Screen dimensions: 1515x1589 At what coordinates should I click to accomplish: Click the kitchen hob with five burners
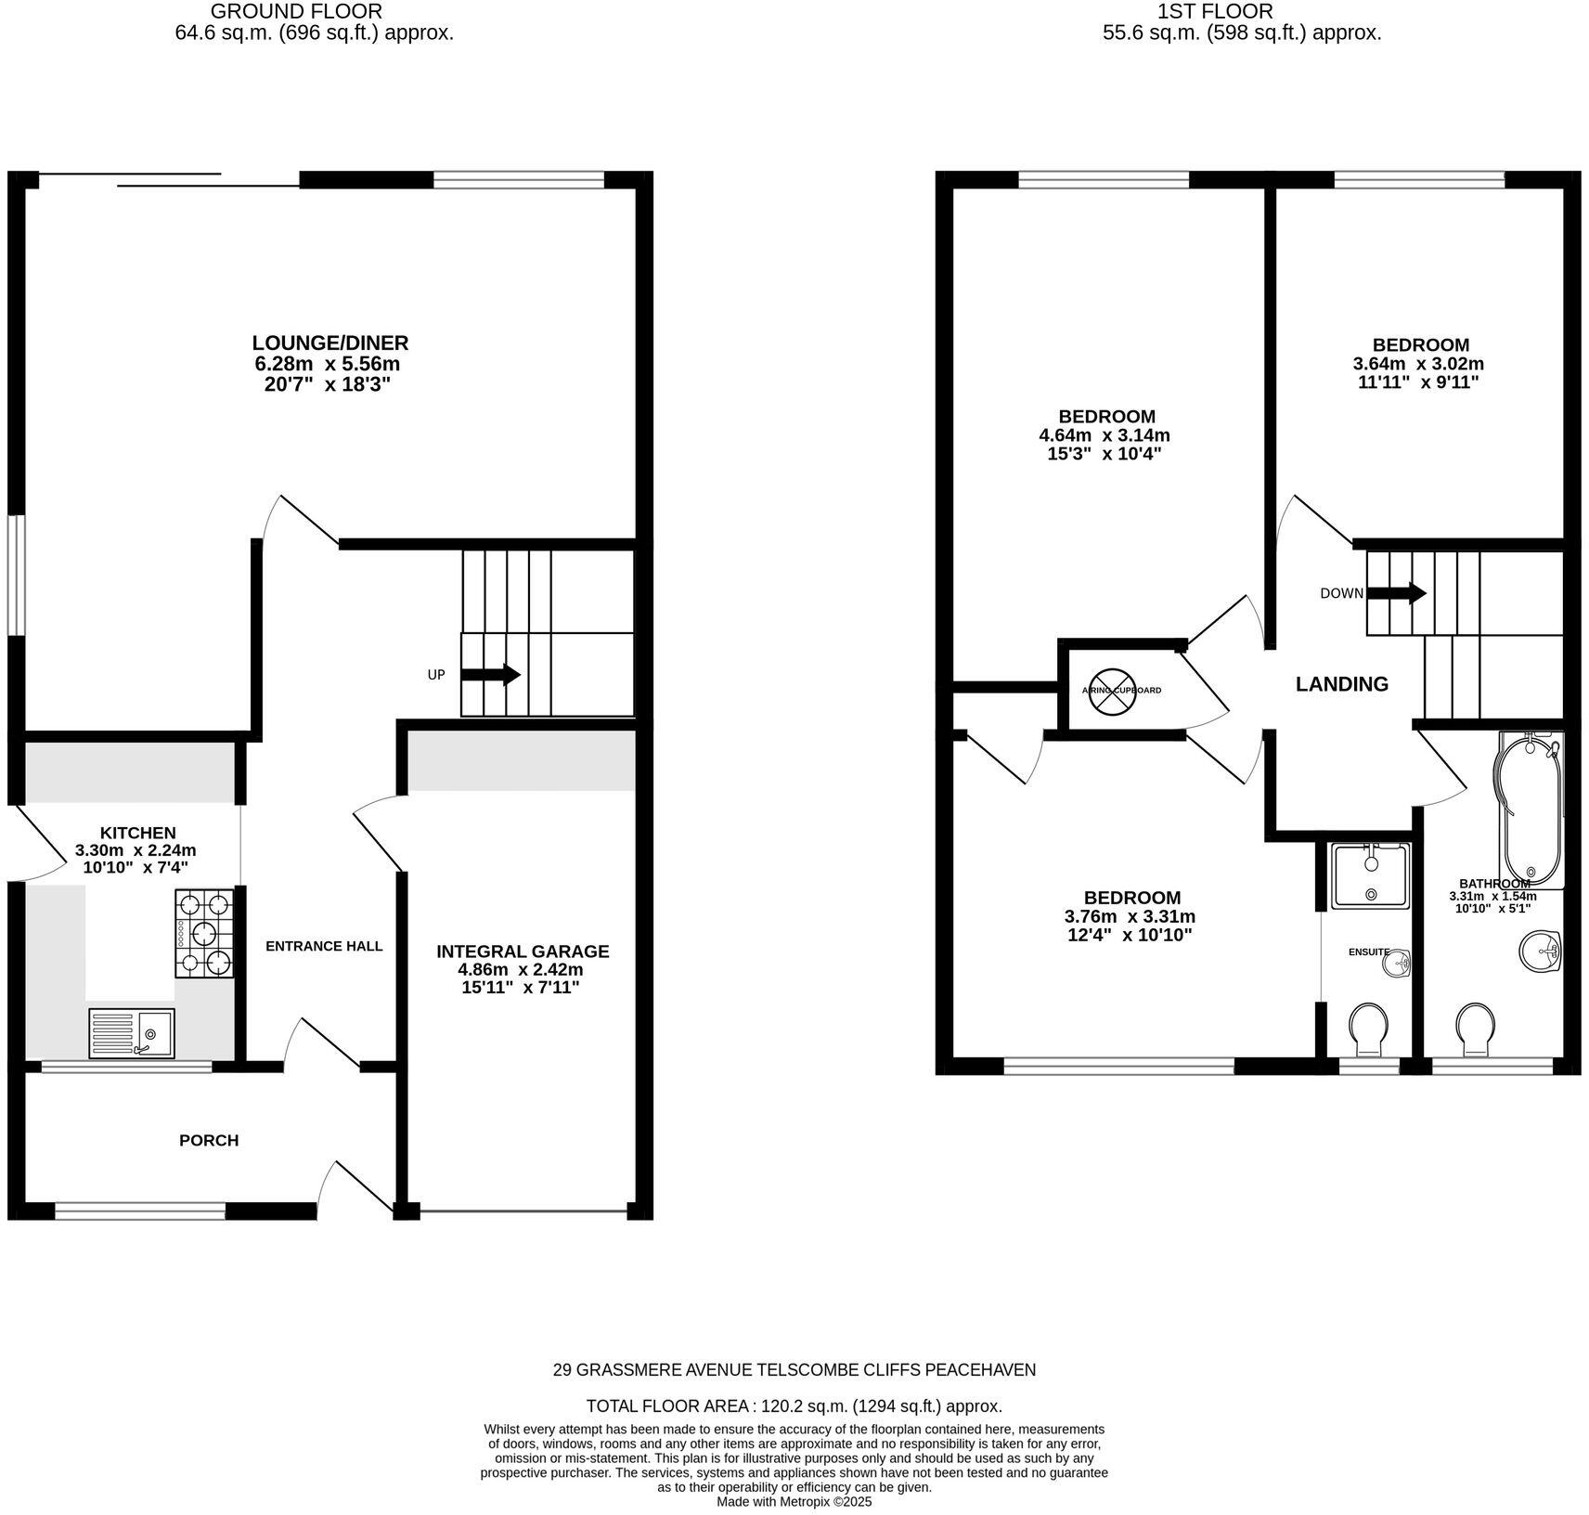pyautogui.click(x=204, y=933)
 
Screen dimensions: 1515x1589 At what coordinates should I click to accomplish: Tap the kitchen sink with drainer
pyautogui.click(x=131, y=1032)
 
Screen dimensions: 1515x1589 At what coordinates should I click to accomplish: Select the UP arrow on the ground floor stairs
pyautogui.click(x=490, y=675)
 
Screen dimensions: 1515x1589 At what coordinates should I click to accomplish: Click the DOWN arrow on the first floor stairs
pyautogui.click(x=1396, y=593)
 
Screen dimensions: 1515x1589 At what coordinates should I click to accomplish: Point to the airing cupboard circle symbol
pyautogui.click(x=1110, y=691)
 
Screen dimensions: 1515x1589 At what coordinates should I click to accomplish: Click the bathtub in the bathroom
pyautogui.click(x=1528, y=808)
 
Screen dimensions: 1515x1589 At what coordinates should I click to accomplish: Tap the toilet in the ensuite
pyautogui.click(x=1369, y=1029)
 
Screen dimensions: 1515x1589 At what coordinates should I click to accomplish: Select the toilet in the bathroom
pyautogui.click(x=1476, y=1029)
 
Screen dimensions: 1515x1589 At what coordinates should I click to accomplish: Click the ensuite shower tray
pyautogui.click(x=1370, y=876)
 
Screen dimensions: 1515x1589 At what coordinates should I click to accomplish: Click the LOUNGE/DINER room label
pyautogui.click(x=330, y=343)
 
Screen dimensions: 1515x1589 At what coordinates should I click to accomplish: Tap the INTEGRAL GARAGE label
pyautogui.click(x=523, y=952)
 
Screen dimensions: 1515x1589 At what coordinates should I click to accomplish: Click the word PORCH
pyautogui.click(x=209, y=1140)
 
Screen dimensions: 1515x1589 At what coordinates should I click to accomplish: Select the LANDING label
pyautogui.click(x=1342, y=684)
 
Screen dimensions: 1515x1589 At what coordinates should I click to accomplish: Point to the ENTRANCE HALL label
pyautogui.click(x=324, y=946)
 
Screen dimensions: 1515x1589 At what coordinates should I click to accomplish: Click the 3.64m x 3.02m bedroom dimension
pyautogui.click(x=1418, y=364)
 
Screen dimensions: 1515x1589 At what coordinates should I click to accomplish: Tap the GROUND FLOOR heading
pyautogui.click(x=296, y=11)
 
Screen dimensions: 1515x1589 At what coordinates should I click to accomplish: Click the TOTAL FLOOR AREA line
pyautogui.click(x=794, y=1405)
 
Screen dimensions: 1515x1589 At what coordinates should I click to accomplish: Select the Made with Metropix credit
pyautogui.click(x=794, y=1501)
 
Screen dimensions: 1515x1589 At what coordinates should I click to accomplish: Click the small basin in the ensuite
pyautogui.click(x=1396, y=964)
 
